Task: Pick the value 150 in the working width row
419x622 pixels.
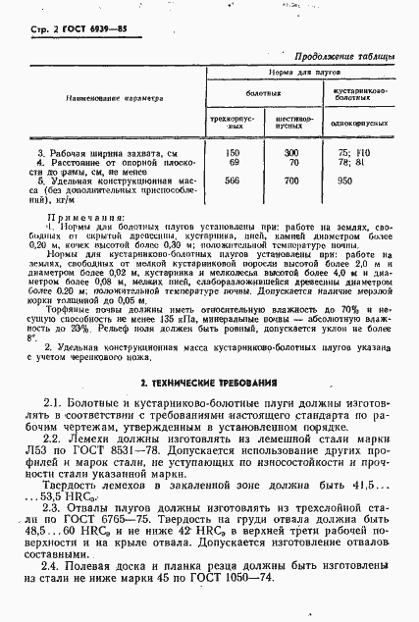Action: pyautogui.click(x=233, y=154)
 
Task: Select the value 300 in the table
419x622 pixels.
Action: pyautogui.click(x=290, y=154)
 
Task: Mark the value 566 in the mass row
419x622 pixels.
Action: pyautogui.click(x=233, y=181)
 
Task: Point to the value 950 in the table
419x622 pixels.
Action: pyautogui.click(x=344, y=181)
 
